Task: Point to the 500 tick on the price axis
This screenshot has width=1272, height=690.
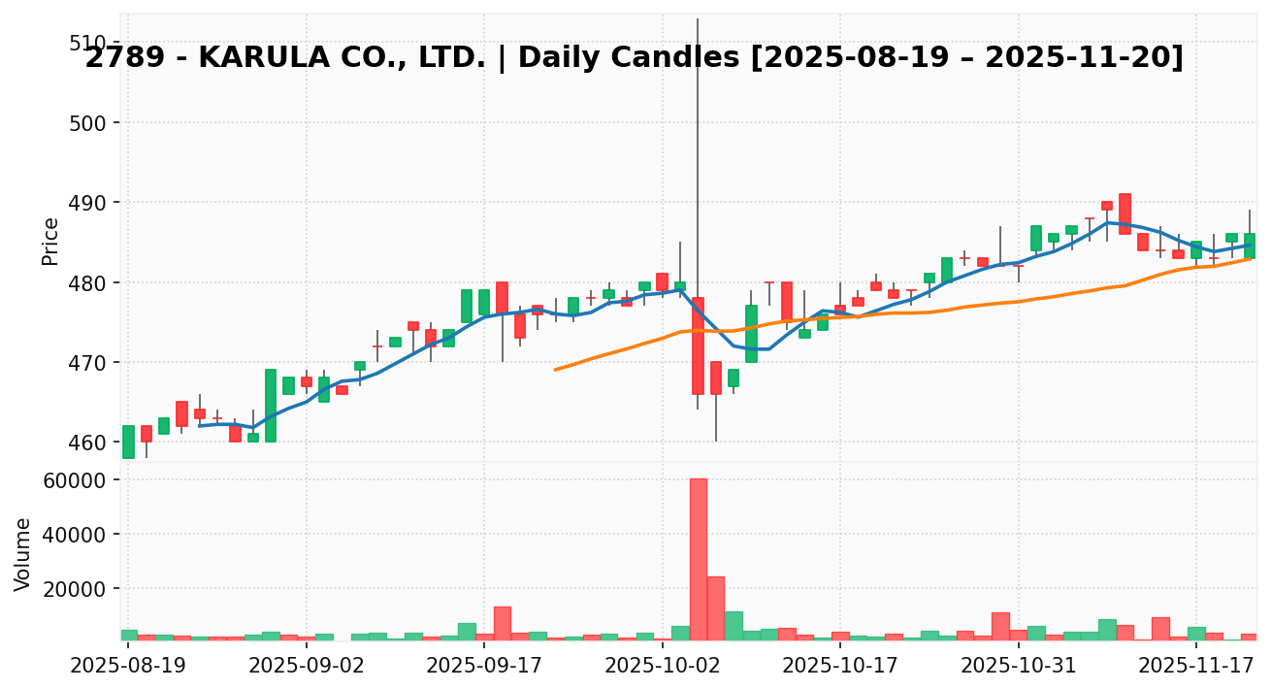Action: click(x=87, y=123)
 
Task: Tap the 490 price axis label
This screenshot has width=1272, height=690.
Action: click(x=87, y=203)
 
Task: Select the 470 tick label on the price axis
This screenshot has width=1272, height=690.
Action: click(x=87, y=363)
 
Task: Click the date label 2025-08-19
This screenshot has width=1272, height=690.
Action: click(x=128, y=667)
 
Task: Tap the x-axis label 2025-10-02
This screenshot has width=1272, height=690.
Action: click(x=663, y=667)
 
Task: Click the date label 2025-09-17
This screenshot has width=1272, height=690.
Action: click(x=484, y=667)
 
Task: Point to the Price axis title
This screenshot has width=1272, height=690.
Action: click(x=50, y=241)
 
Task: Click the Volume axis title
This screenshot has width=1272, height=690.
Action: click(x=23, y=553)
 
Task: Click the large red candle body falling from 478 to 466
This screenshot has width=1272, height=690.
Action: click(x=698, y=345)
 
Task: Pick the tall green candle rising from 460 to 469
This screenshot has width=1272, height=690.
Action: click(x=271, y=406)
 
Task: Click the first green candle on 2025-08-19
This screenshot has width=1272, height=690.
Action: click(x=128, y=442)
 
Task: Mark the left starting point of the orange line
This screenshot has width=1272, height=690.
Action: click(x=555, y=370)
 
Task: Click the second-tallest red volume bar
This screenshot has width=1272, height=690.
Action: click(x=715, y=608)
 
